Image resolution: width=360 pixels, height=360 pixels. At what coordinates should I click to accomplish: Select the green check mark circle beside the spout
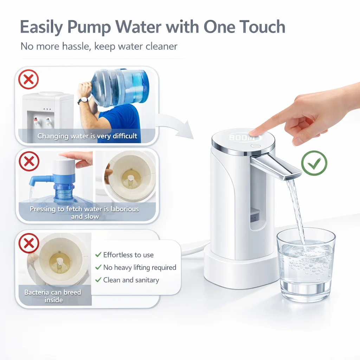[x=314, y=163]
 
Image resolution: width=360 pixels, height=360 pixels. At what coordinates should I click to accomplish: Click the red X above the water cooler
[x=29, y=79]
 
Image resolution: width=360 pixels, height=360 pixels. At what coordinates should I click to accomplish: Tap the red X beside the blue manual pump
[x=29, y=161]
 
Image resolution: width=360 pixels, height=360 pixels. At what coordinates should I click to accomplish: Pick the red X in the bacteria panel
[x=29, y=243]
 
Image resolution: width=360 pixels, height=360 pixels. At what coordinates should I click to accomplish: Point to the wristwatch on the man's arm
[x=83, y=101]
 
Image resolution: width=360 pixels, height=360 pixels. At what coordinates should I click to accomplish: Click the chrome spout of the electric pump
[x=276, y=166]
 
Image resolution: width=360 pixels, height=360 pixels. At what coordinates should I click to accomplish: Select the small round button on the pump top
[x=256, y=146]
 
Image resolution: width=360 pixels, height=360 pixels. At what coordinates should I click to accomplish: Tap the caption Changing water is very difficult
[x=87, y=136]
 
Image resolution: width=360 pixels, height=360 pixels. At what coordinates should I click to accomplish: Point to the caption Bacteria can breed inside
[x=53, y=296]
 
